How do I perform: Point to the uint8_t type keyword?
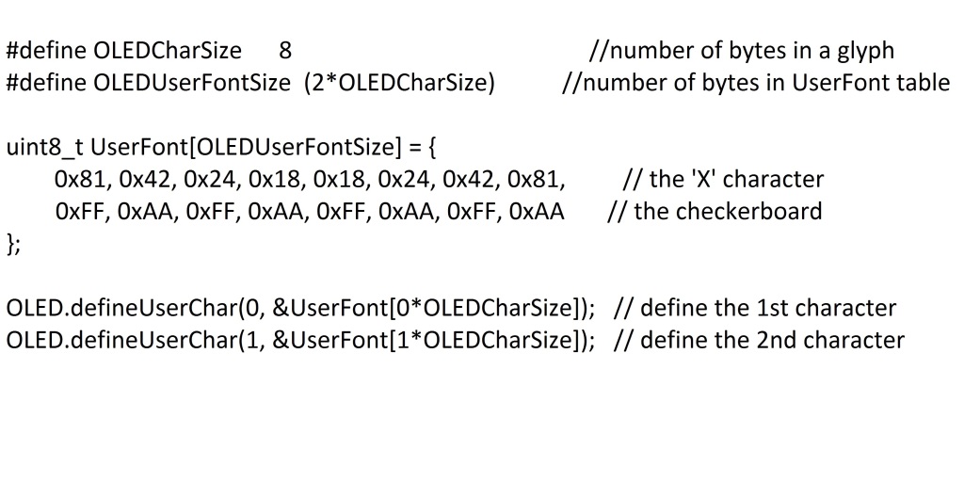point(46,148)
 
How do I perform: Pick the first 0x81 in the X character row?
point(79,179)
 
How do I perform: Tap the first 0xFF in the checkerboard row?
point(78,211)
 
